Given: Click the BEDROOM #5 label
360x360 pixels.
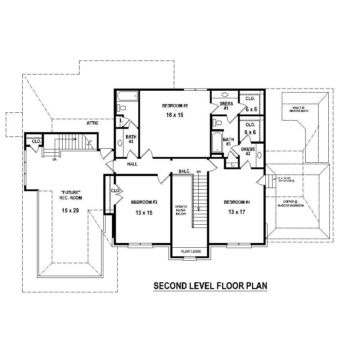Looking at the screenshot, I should tap(175, 106).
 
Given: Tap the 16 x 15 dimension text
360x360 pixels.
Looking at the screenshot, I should tap(175, 115).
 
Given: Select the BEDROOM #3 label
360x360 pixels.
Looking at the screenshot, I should tap(144, 202).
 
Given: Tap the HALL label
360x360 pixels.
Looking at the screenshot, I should tap(132, 164).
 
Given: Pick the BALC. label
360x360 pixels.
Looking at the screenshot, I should tap(184, 171).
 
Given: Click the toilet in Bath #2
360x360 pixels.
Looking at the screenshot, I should tap(121, 108).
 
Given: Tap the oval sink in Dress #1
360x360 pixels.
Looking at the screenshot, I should tap(225, 95).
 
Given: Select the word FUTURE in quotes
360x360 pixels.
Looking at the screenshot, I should tap(71, 192).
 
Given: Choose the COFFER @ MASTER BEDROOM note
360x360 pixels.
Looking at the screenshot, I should tap(291, 203).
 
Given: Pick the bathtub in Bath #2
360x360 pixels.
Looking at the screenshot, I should tap(127, 96).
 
